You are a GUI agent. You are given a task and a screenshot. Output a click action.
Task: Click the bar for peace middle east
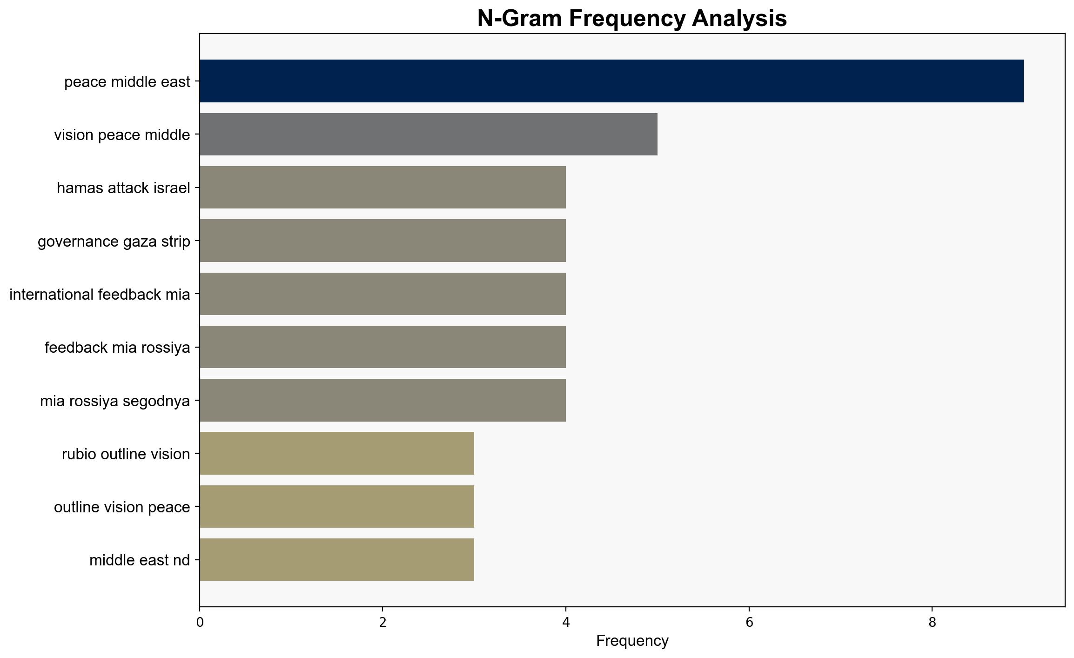tap(611, 81)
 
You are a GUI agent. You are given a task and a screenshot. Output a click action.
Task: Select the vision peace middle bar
tap(429, 134)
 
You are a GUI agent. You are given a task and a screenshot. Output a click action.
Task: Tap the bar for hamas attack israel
tap(383, 188)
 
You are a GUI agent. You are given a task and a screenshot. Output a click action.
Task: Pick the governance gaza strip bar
tap(383, 241)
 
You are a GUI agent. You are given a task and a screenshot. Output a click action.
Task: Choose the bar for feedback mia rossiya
tap(383, 347)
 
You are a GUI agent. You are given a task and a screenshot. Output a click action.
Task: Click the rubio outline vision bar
tap(337, 453)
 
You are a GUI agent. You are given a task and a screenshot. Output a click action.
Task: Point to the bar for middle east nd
tap(337, 560)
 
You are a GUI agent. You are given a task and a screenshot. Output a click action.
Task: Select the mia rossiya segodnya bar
tap(383, 400)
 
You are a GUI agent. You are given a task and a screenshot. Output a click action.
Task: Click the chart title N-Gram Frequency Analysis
tap(632, 19)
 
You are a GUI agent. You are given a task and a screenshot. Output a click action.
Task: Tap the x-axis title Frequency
tap(632, 641)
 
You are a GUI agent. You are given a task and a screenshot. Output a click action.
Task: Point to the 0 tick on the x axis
tap(200, 622)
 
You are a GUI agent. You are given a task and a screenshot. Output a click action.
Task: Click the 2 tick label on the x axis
tap(383, 622)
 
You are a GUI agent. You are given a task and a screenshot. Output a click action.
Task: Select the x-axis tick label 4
tap(566, 622)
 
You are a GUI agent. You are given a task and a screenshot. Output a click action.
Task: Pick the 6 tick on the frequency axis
tap(749, 622)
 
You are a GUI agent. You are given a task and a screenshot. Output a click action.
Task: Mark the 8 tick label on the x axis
tap(932, 622)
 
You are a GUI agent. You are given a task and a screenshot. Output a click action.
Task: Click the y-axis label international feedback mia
tap(100, 294)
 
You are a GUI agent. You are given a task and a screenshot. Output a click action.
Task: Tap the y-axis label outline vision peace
tap(122, 507)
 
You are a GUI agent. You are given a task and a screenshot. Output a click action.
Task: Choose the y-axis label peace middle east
tap(127, 81)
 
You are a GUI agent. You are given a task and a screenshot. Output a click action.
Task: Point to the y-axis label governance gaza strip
tap(114, 241)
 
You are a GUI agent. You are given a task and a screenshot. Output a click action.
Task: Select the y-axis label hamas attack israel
tap(123, 188)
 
